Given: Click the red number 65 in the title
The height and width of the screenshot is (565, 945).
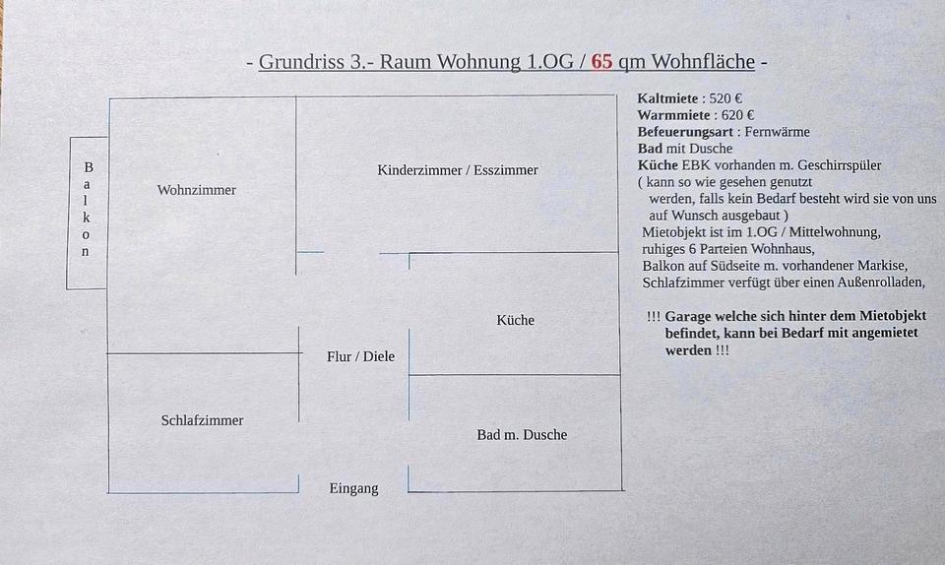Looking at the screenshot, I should (601, 62).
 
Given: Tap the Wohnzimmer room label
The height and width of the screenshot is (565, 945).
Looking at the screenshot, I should (197, 190).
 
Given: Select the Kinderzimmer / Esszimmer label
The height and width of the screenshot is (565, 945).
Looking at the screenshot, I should (458, 170).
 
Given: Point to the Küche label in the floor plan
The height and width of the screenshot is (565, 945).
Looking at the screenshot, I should (515, 320).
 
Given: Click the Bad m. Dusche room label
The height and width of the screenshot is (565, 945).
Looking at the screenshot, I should (522, 434).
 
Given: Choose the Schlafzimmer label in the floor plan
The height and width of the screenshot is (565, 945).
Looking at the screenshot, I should (202, 420).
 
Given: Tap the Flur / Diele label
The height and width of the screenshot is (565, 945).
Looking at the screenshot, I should (360, 356).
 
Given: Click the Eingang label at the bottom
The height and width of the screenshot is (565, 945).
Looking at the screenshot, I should (353, 488).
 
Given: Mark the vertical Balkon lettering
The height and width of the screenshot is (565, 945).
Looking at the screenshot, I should (87, 209).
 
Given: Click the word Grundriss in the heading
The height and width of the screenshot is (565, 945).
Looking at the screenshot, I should (301, 62).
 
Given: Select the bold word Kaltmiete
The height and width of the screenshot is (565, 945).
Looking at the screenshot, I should (668, 98).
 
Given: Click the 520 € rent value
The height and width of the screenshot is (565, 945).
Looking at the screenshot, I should (725, 98).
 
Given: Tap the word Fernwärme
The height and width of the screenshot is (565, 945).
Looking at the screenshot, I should (777, 132).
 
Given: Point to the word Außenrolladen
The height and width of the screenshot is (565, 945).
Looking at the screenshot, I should (875, 282).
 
